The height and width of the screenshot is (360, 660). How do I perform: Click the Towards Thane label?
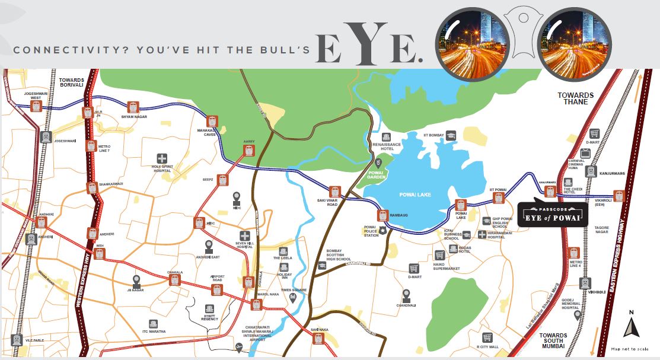pos(575,98)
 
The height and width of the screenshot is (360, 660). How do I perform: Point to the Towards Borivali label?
pos(72,82)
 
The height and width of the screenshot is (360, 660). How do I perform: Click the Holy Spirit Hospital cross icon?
pos(161,158)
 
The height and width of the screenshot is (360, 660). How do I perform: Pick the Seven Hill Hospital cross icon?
pos(244,236)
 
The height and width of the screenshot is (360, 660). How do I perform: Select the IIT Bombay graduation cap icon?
pos(451,135)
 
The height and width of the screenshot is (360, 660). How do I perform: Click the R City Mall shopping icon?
pos(487,337)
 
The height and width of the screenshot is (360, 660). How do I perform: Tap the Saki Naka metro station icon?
pos(318,338)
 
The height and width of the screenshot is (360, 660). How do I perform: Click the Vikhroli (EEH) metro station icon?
pos(618,195)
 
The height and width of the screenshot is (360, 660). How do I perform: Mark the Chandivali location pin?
pos(406,295)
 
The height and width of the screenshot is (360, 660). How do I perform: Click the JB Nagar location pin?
pos(136,281)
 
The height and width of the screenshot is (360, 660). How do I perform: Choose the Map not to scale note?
pos(631,348)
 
